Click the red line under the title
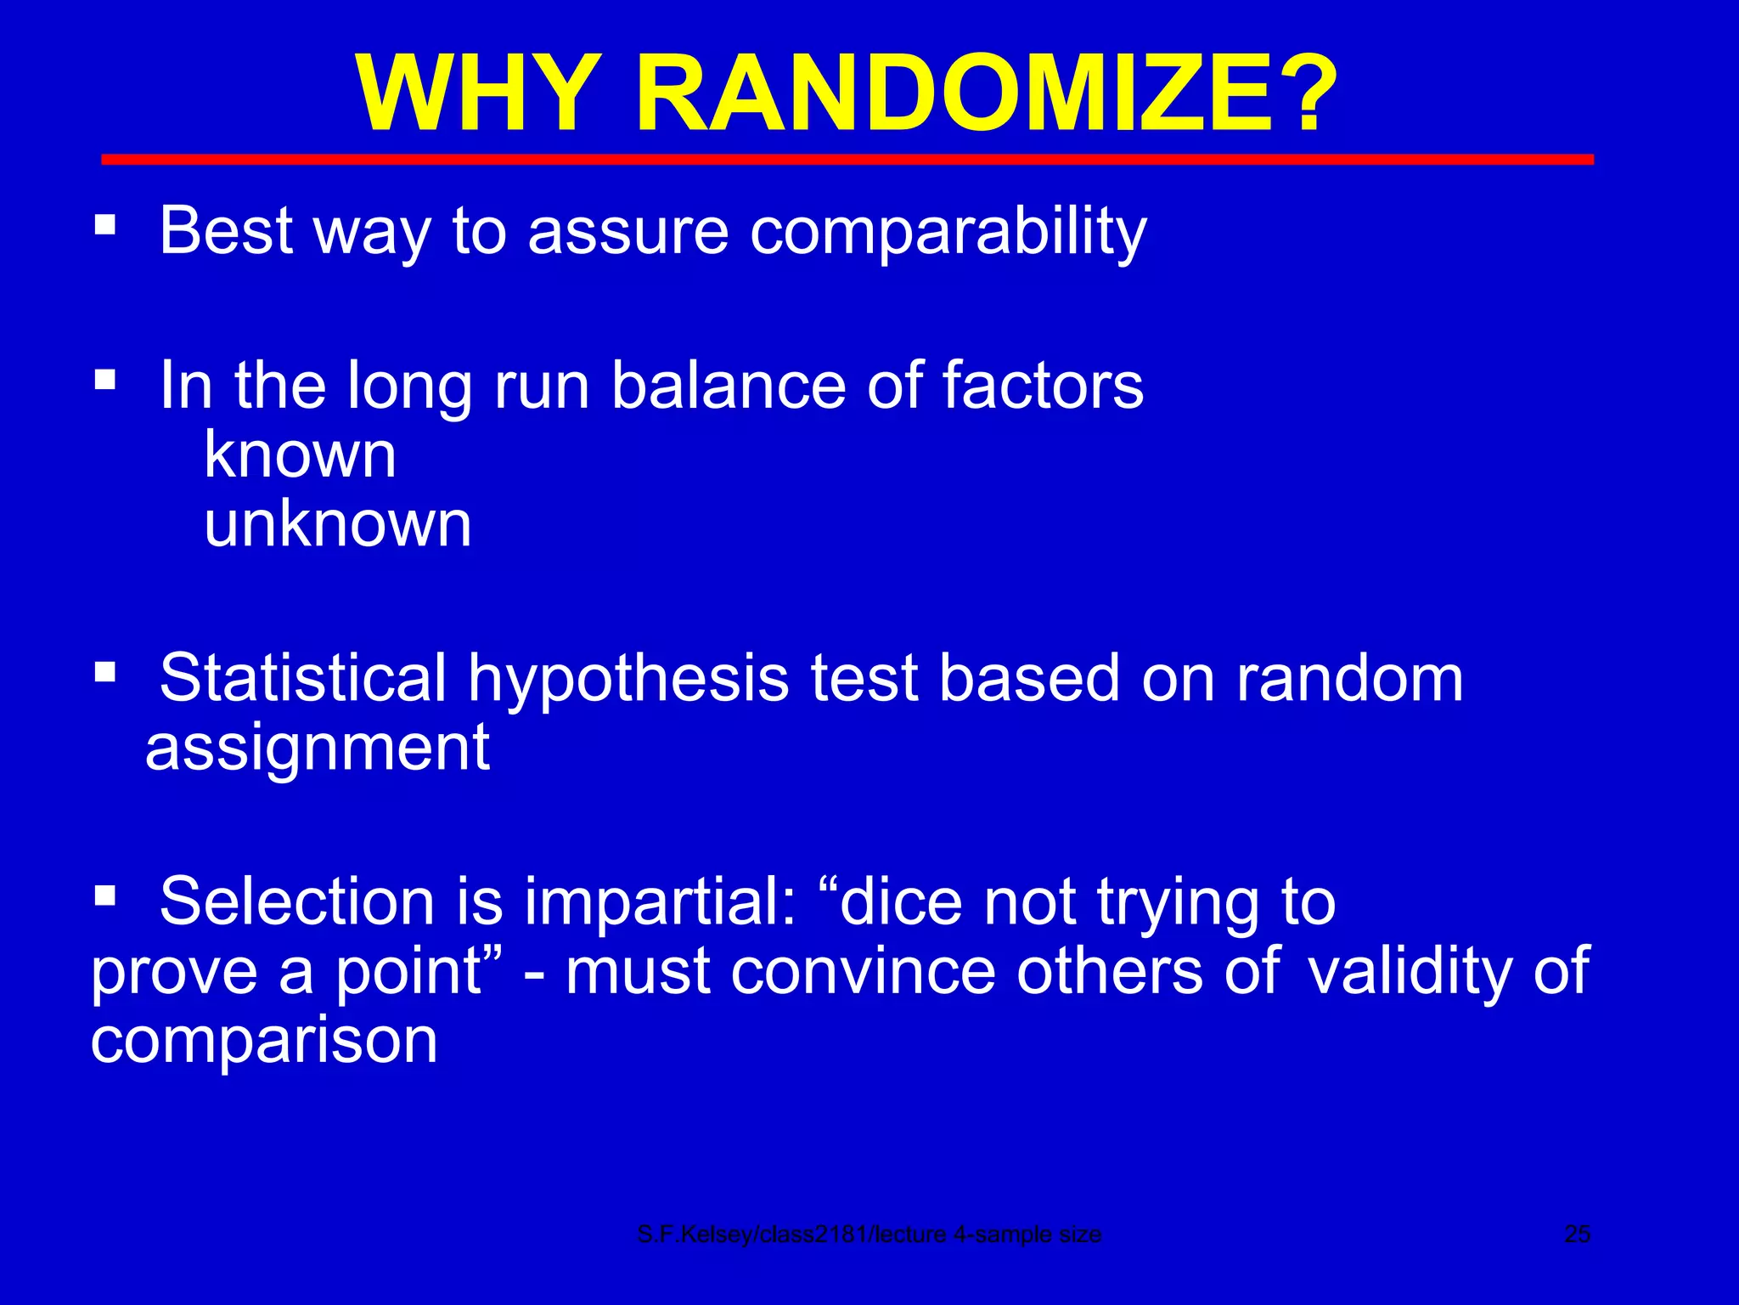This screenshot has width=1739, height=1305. (847, 160)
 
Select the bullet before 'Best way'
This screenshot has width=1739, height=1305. (105, 224)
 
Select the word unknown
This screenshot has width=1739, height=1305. (337, 524)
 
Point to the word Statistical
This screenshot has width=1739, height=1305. (302, 679)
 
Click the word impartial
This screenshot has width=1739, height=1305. (661, 902)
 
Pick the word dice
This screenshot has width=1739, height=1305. (900, 902)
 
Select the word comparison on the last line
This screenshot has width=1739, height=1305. (263, 1042)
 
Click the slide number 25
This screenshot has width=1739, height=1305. (1577, 1234)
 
